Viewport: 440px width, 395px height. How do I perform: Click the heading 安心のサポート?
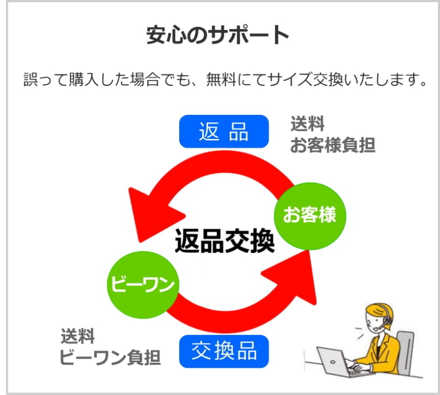218,35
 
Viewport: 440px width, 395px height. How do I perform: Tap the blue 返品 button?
224,131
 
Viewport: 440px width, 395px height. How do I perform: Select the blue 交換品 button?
224,351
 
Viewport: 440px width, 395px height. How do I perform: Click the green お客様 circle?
310,215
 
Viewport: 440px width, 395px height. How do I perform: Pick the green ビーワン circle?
143,284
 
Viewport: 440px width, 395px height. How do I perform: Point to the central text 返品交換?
224,241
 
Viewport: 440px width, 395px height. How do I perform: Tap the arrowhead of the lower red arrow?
294,277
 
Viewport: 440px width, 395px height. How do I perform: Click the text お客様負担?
333,145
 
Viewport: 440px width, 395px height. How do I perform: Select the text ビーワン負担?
110,358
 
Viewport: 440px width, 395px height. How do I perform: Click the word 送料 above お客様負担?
308,124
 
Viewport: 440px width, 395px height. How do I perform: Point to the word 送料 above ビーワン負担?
78,336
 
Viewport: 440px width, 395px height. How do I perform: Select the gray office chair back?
406,353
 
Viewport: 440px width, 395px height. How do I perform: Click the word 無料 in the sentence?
221,80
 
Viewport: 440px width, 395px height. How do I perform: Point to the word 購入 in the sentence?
84,80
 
